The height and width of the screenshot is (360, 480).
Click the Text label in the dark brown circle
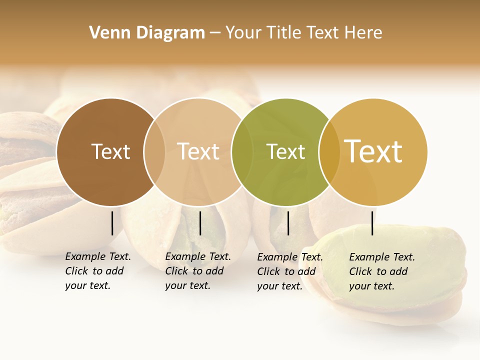110,151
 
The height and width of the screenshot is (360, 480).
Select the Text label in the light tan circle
198,151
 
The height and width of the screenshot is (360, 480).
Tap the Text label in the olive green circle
285,151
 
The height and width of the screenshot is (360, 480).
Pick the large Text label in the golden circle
373,151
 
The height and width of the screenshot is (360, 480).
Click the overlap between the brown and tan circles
154,152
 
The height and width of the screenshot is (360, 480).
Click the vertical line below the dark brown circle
112,223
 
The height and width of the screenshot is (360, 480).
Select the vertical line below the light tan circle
200,223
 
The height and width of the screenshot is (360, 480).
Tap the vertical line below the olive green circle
288,223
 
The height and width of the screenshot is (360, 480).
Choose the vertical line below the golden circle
372,223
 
